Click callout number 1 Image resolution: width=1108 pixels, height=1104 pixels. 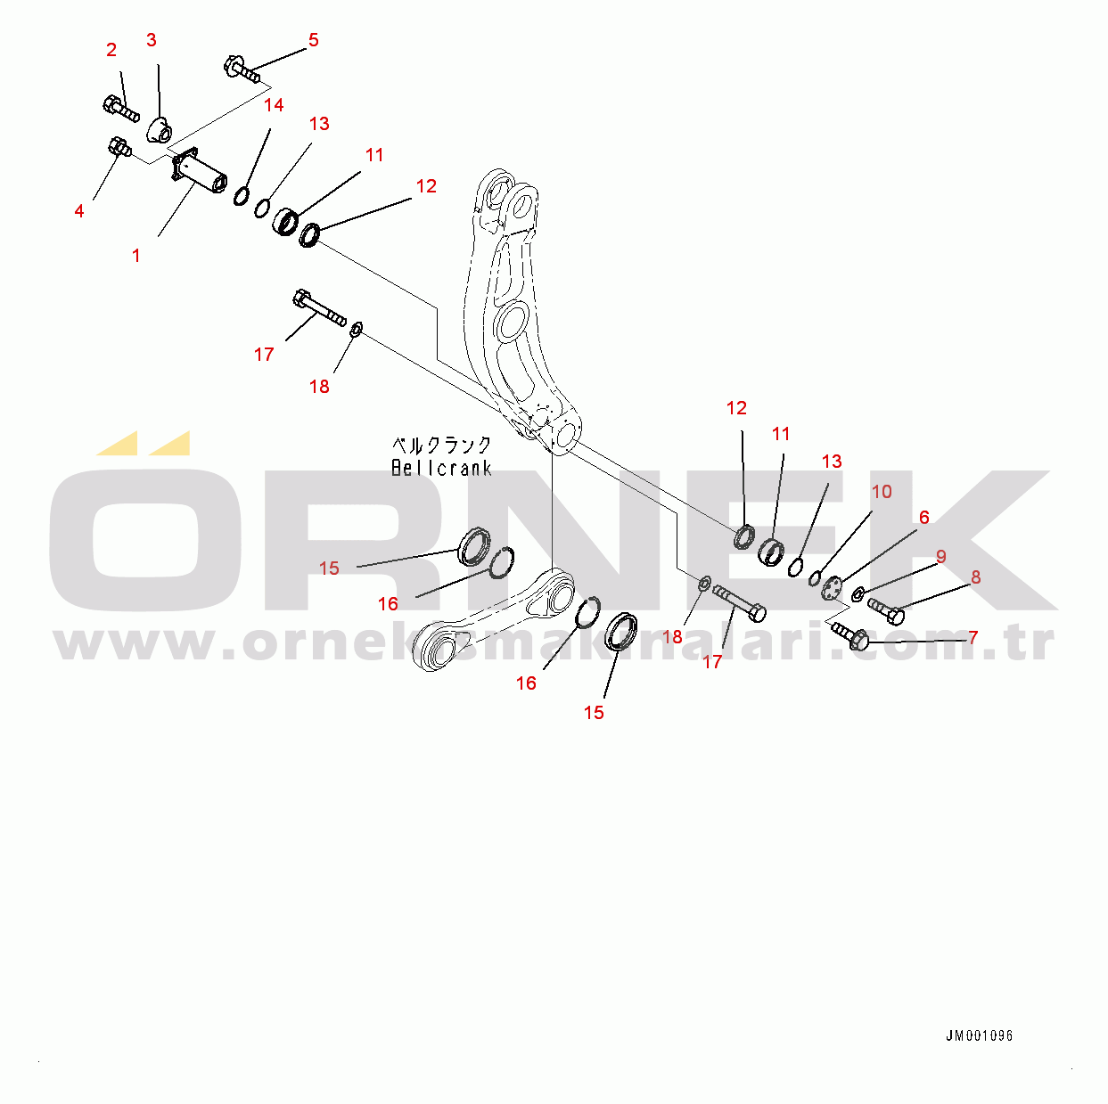click(x=135, y=256)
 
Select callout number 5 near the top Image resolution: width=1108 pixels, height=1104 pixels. click(x=313, y=40)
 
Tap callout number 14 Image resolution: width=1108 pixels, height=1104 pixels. click(x=274, y=105)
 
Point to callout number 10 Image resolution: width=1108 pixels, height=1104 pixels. click(x=881, y=492)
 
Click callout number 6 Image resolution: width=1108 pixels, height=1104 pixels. click(x=923, y=518)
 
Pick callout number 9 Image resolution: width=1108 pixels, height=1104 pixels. click(x=940, y=557)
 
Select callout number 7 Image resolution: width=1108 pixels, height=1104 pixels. click(x=973, y=638)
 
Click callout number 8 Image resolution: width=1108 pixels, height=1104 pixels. click(x=975, y=577)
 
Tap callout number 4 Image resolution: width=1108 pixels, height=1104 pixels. click(x=79, y=211)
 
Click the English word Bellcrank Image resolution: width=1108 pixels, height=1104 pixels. click(x=441, y=468)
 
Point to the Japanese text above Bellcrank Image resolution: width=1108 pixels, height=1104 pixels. click(x=441, y=445)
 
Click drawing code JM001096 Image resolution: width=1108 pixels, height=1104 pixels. click(x=979, y=1036)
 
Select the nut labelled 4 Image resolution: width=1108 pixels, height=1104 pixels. click(x=117, y=145)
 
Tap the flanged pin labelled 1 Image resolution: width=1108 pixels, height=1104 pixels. click(x=201, y=174)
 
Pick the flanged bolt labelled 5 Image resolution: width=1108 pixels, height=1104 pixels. click(x=242, y=70)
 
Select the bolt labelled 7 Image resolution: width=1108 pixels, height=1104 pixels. click(x=850, y=636)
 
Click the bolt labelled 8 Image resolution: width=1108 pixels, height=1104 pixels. click(x=886, y=610)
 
